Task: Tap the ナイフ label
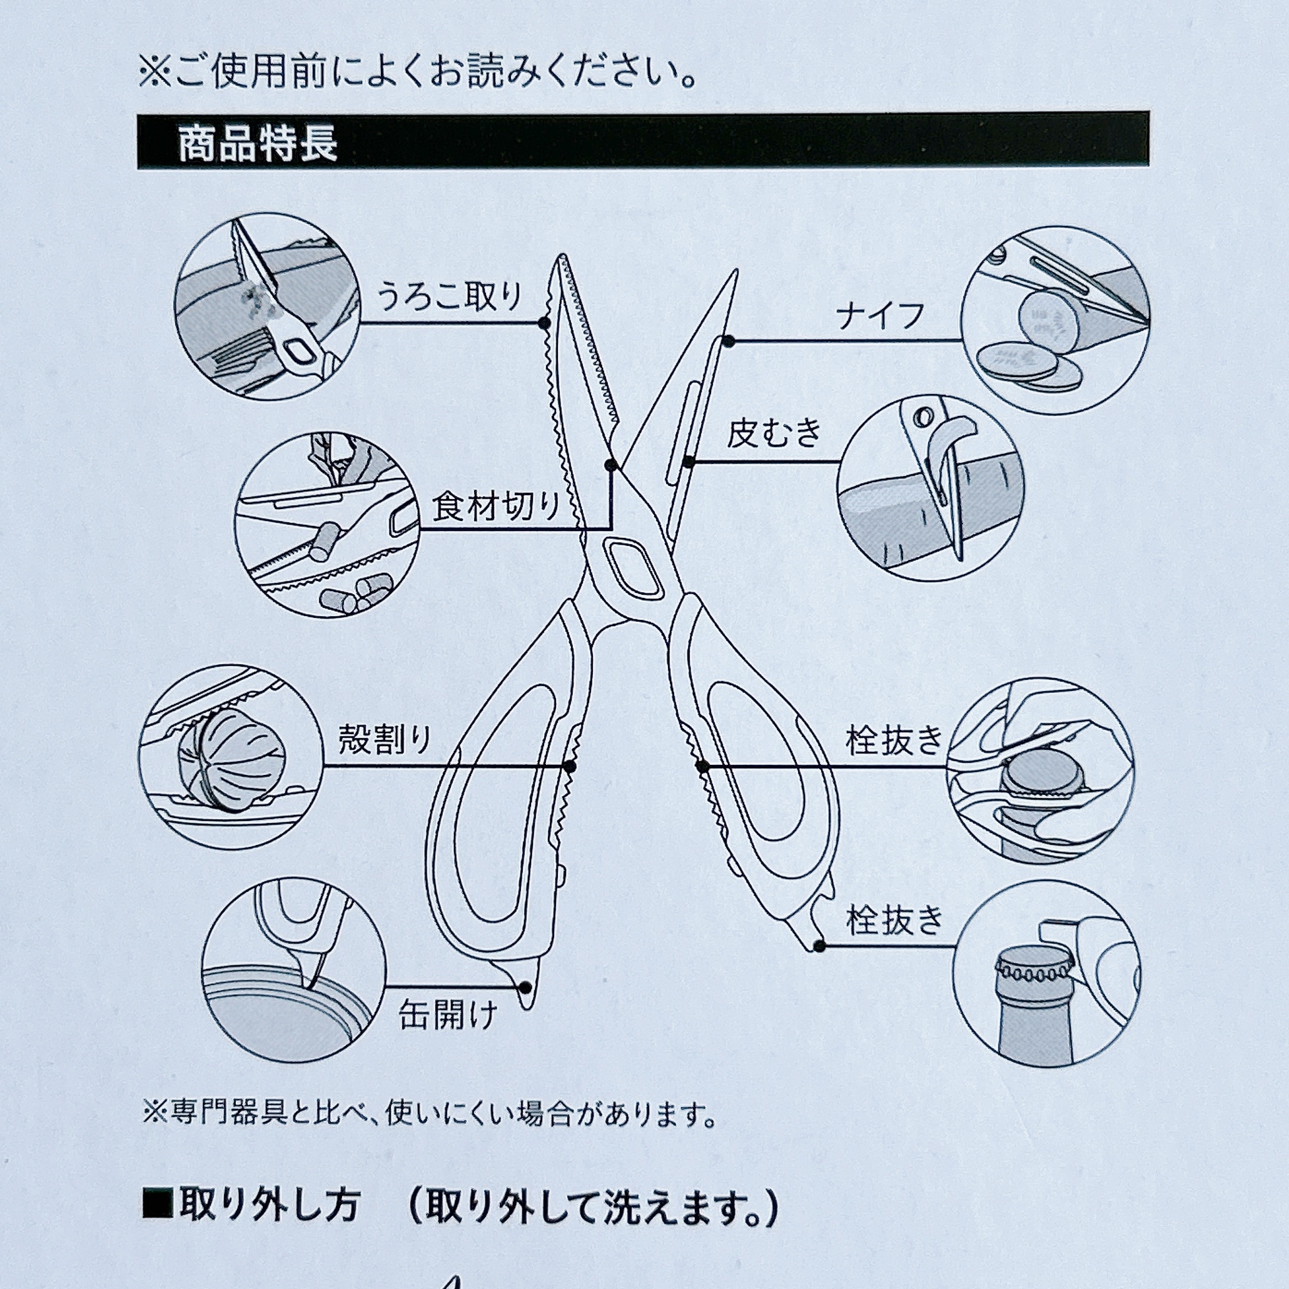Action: pos(880,317)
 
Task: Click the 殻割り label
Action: pos(385,740)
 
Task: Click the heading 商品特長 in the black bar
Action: pos(258,144)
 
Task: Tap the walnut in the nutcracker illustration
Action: pos(231,759)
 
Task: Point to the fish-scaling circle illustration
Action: pos(267,307)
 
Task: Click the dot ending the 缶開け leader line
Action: pos(525,987)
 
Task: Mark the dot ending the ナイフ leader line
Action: pos(729,341)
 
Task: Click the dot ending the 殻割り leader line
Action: pos(570,767)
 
